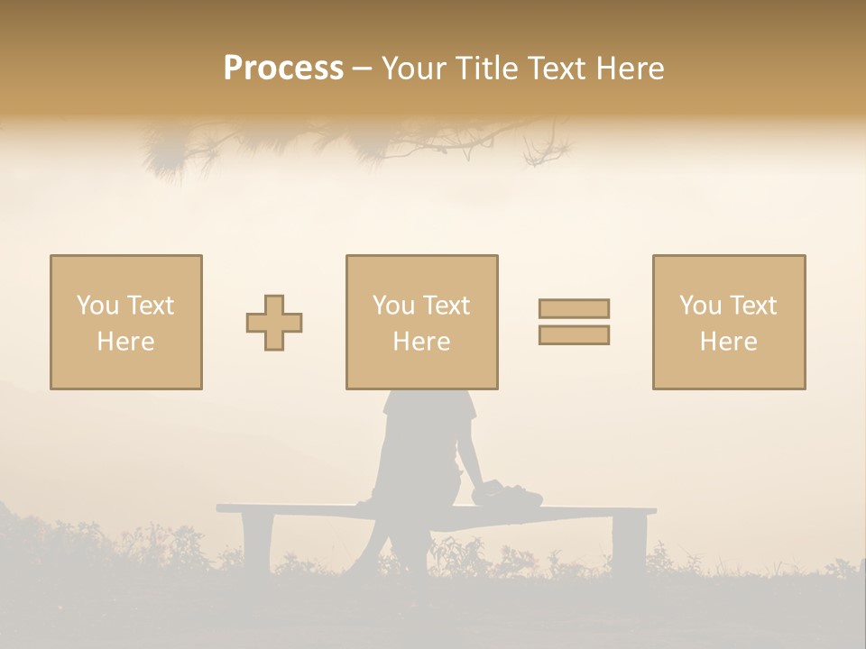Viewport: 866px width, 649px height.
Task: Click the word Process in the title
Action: pyautogui.click(x=283, y=69)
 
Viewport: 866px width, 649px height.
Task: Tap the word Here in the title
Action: pyautogui.click(x=630, y=69)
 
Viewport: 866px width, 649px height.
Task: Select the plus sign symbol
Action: pyautogui.click(x=274, y=323)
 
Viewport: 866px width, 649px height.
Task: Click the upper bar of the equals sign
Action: pyautogui.click(x=574, y=309)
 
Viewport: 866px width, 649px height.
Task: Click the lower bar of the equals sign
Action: pyautogui.click(x=574, y=335)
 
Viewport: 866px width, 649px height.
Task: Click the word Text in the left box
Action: pyautogui.click(x=150, y=306)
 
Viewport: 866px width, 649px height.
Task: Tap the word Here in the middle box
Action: pyautogui.click(x=421, y=342)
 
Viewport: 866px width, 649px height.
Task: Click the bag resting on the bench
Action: pyautogui.click(x=508, y=493)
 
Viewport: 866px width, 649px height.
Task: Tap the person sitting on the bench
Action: pyautogui.click(x=422, y=460)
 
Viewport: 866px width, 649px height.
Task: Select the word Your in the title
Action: pyautogui.click(x=414, y=69)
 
